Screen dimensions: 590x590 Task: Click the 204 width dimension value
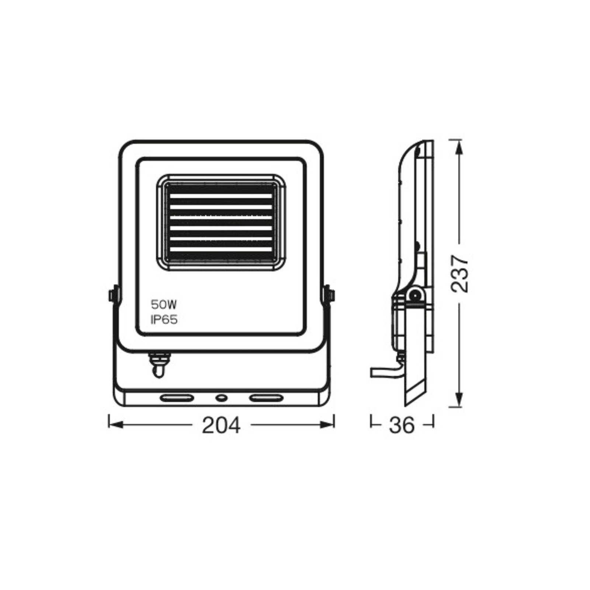[221, 425]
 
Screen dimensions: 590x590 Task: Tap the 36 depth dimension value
[402, 425]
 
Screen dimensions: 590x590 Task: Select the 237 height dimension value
[460, 273]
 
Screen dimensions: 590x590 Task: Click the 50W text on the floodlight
[164, 305]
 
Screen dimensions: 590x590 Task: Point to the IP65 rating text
[164, 320]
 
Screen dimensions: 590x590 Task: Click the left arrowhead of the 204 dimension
[115, 425]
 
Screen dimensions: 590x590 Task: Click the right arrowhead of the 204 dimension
[327, 425]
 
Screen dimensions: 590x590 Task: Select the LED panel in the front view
[221, 223]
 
